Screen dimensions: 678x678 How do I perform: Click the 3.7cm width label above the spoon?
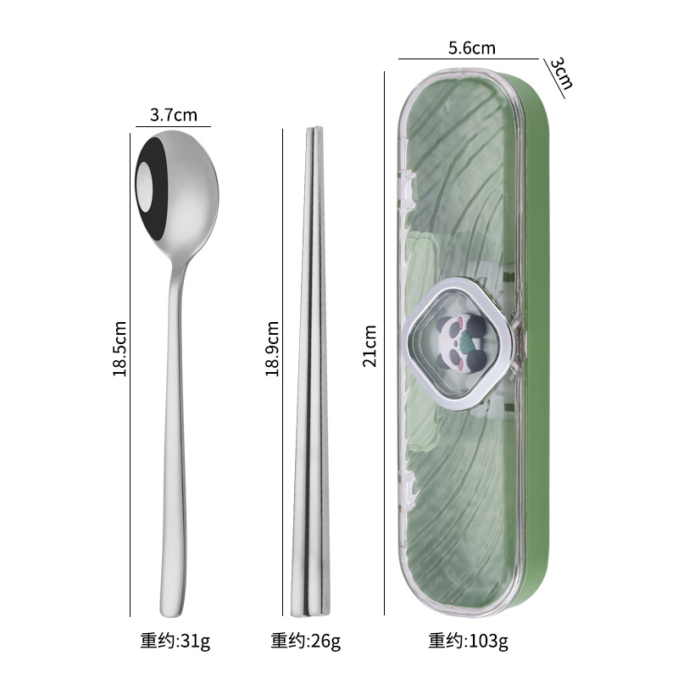(x=174, y=115)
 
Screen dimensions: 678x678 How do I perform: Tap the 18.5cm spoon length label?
(x=119, y=348)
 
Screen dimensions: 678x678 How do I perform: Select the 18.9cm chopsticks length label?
(x=272, y=348)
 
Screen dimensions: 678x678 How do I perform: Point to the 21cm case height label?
(x=370, y=346)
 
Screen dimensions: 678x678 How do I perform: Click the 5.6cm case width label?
(x=472, y=48)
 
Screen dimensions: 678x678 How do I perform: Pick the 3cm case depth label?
(x=561, y=73)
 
